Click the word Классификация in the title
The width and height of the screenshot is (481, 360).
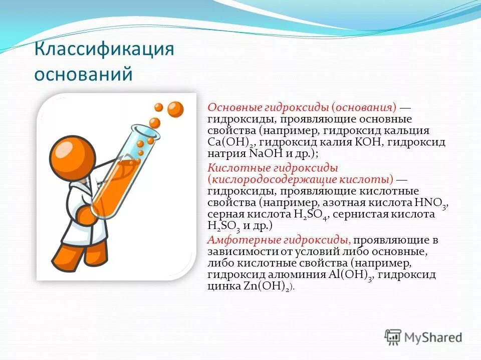click(104, 48)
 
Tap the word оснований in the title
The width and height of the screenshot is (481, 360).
click(84, 73)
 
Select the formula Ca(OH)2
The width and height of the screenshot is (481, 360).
click(231, 142)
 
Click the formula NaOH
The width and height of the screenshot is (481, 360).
click(266, 153)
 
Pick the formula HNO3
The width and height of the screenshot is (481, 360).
click(430, 203)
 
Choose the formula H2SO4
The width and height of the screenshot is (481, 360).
click(311, 214)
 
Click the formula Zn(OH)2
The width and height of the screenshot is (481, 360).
click(267, 286)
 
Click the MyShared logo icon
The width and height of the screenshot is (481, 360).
click(393, 337)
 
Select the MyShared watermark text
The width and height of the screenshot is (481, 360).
click(433, 337)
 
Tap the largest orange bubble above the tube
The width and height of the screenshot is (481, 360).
click(175, 109)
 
